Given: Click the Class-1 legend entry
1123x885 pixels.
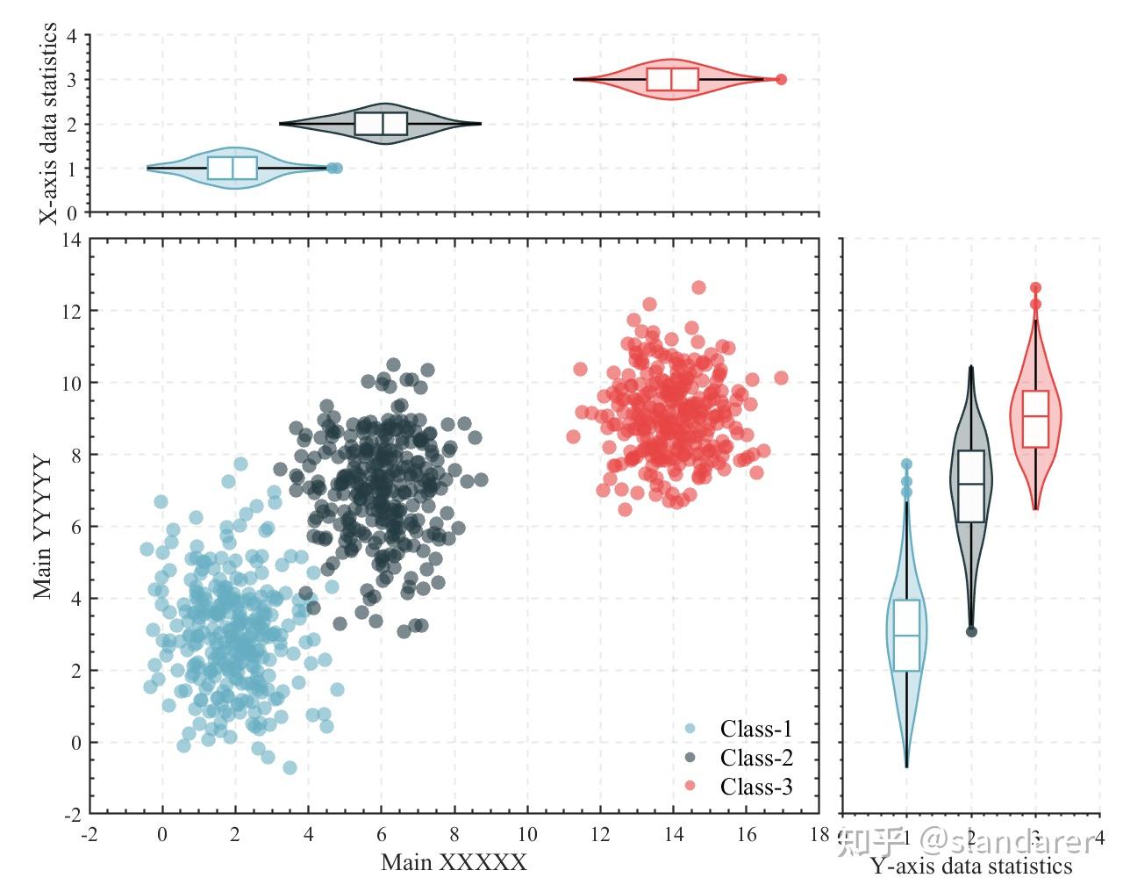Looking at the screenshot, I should click(x=755, y=729).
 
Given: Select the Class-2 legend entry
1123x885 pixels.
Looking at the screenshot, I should click(x=755, y=758).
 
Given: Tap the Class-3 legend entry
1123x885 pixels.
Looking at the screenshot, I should click(x=755, y=787).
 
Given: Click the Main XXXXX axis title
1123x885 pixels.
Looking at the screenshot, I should click(x=454, y=862).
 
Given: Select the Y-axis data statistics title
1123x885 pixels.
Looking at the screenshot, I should click(x=971, y=867).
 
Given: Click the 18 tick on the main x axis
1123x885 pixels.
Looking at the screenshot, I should click(x=819, y=833).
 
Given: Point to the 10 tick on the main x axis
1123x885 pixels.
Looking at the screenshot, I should click(x=526, y=833).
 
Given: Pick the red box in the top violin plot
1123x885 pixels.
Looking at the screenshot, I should click(x=673, y=79).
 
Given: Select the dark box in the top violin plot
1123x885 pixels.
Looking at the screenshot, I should click(x=381, y=124).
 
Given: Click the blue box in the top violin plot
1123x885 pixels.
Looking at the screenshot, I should click(x=232, y=168).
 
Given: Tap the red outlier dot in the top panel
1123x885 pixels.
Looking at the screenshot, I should click(x=781, y=79).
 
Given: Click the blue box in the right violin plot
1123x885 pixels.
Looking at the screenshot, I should click(x=906, y=635).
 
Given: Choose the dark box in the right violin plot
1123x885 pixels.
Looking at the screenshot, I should click(x=971, y=486).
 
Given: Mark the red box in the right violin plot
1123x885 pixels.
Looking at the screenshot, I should click(x=1035, y=419).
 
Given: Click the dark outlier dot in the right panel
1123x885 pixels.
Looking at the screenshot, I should click(x=971, y=631).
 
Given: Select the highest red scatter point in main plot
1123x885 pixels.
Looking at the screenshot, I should click(x=698, y=287).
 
